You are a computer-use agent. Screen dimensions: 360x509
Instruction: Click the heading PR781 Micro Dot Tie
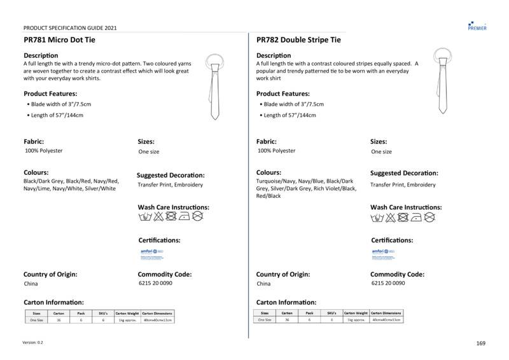[60, 40]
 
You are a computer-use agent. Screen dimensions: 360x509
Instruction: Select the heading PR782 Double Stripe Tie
[298, 40]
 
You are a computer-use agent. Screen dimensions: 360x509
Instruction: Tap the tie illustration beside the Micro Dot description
[214, 85]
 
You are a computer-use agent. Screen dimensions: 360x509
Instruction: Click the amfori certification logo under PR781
[148, 253]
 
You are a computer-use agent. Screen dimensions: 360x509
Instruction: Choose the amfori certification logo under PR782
[380, 253]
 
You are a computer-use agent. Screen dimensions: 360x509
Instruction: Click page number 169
[480, 343]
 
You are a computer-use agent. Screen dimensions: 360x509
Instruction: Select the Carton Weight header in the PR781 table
[127, 314]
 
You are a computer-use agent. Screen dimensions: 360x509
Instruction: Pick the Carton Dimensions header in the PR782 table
[387, 314]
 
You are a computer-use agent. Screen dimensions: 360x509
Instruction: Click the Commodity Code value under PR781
[155, 284]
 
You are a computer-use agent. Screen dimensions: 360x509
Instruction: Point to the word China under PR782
[263, 284]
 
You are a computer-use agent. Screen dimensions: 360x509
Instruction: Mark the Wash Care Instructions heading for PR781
[173, 207]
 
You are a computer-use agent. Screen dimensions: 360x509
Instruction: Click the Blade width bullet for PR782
[293, 104]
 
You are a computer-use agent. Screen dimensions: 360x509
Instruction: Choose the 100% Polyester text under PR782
[276, 151]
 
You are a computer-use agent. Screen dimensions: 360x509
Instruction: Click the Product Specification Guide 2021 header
[70, 28]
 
